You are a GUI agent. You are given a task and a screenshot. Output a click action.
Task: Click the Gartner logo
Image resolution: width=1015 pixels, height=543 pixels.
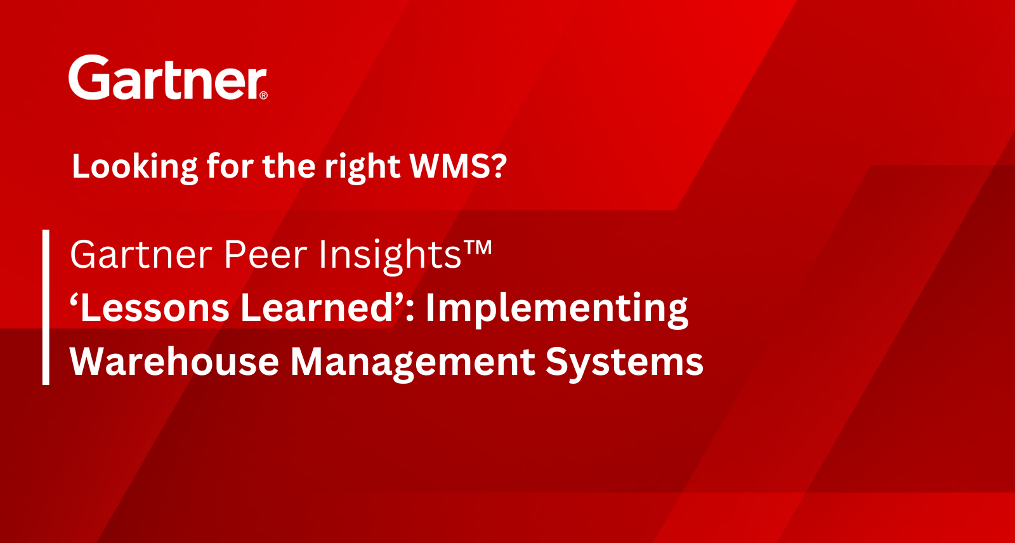(x=167, y=77)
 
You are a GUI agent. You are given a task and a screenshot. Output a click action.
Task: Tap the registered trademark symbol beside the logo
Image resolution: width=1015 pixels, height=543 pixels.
(x=263, y=95)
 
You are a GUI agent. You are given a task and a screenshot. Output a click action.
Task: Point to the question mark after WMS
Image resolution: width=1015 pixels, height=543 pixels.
(x=498, y=166)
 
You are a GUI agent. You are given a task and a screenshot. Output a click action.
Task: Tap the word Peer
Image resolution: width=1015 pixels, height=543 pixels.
(x=266, y=254)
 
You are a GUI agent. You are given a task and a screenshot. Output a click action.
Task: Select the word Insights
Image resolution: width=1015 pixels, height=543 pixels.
(x=391, y=256)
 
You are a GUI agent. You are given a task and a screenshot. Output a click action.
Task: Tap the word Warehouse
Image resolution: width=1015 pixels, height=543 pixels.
(x=174, y=362)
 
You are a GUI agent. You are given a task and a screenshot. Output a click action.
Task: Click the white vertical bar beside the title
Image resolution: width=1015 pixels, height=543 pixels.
(x=46, y=307)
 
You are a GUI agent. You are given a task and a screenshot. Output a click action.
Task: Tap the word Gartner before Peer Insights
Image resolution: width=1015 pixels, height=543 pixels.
(x=141, y=254)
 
